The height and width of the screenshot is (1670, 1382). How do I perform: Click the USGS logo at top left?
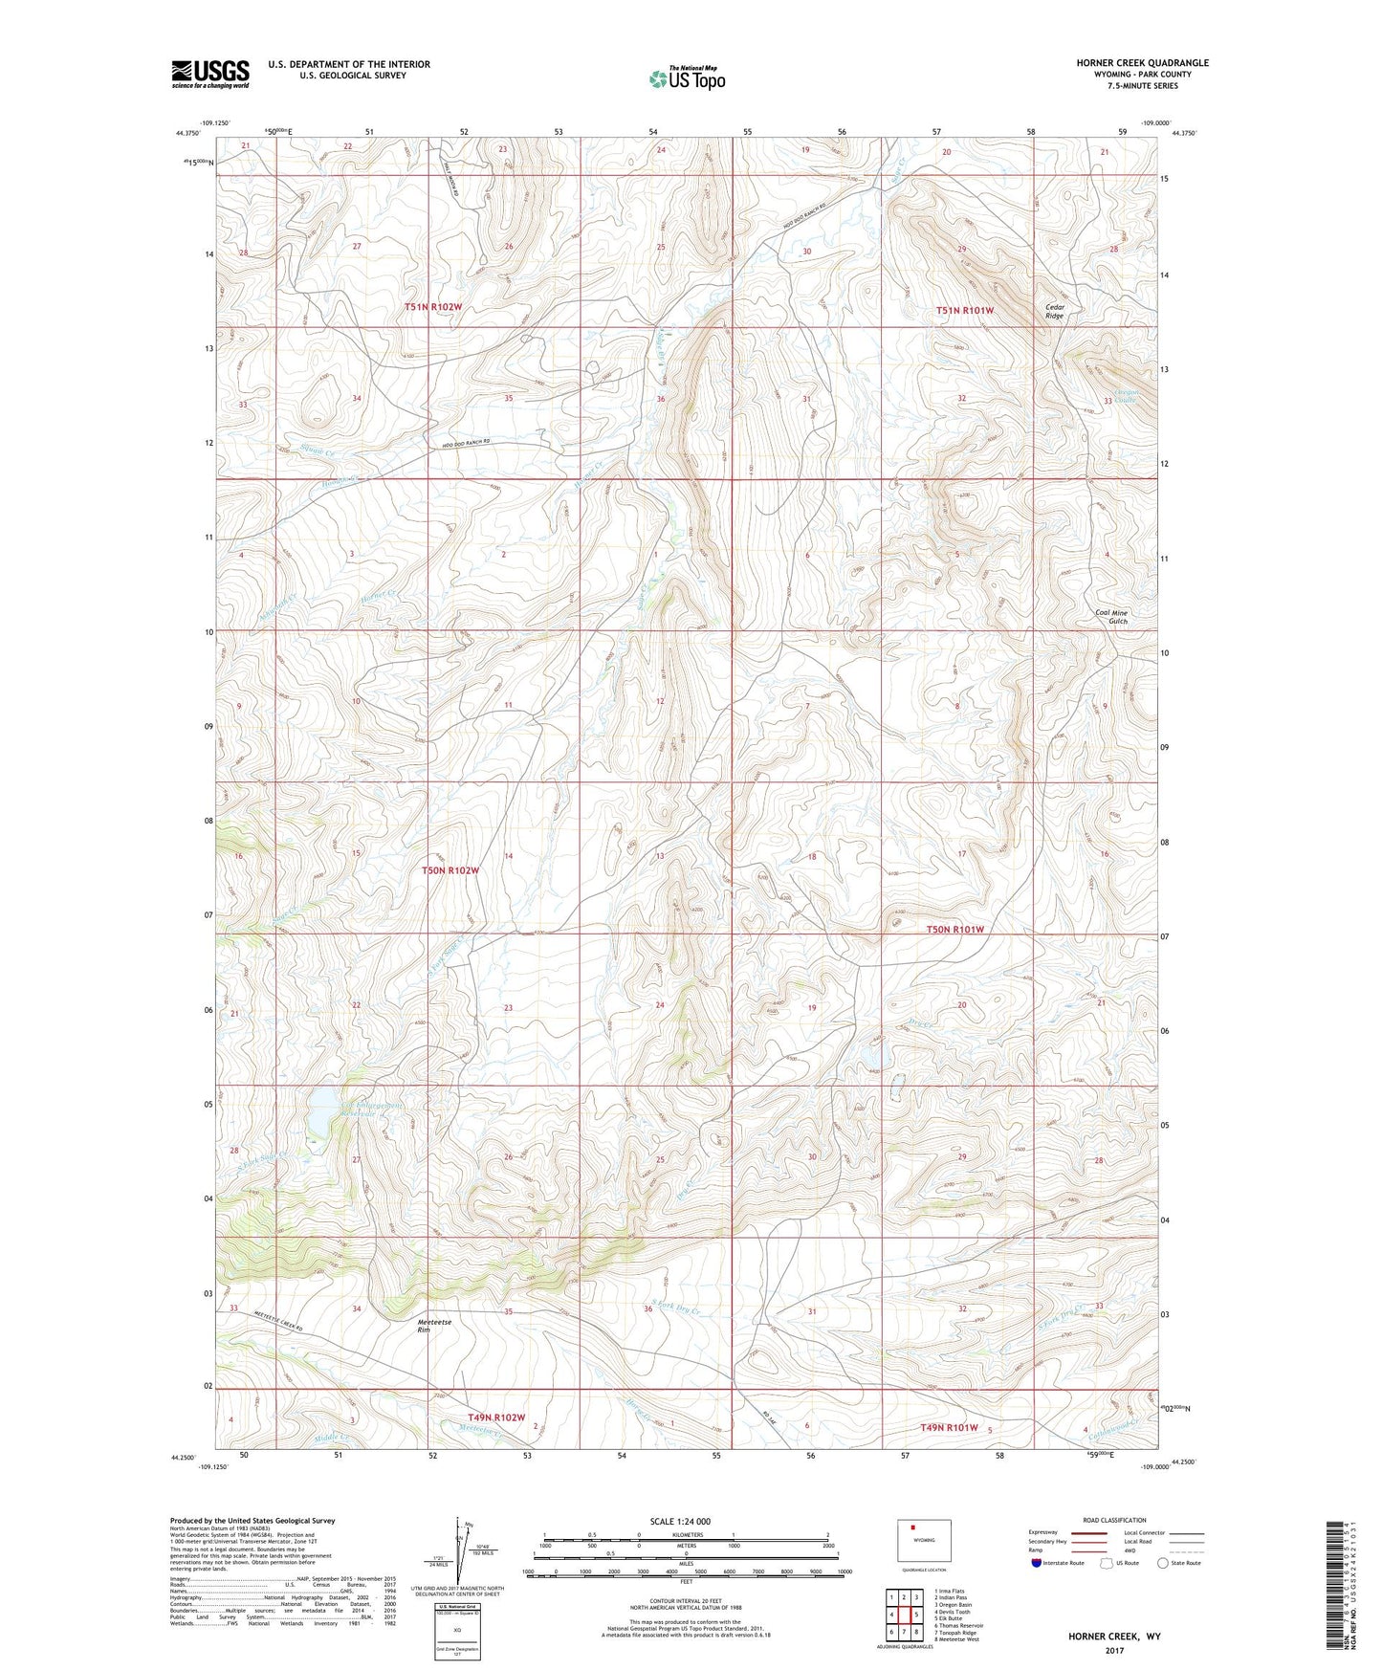coord(210,73)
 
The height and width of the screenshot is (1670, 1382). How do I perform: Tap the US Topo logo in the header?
coord(687,78)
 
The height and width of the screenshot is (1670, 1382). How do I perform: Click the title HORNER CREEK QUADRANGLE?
coord(1142,63)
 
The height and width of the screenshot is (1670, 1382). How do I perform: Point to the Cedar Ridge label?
coord(1054,311)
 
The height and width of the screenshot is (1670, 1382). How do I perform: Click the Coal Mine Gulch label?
coord(1111,617)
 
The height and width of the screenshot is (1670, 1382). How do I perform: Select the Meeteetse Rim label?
coord(435,1326)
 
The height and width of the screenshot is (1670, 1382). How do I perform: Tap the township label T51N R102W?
coord(433,307)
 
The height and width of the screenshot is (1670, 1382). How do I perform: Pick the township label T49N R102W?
coord(496,1417)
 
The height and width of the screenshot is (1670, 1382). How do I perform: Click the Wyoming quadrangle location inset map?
coord(924,1543)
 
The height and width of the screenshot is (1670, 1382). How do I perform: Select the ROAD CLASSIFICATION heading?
coord(1114,1520)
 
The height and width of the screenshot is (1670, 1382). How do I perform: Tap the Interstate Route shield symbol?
coord(1037,1563)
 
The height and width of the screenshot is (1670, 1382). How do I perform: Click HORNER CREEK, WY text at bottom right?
coord(1114,1637)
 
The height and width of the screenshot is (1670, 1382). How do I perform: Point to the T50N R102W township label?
coord(450,870)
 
